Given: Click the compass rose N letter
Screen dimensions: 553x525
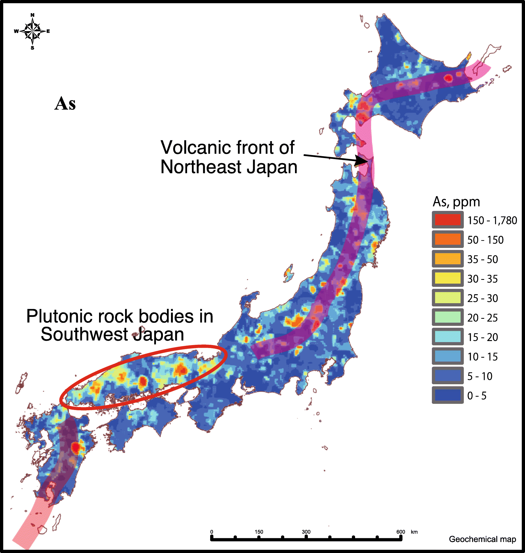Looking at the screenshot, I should pos(32,15).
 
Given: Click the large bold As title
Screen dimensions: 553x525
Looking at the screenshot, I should pos(65,104).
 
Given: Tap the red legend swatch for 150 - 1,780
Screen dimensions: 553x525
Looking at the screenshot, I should pos(447,220).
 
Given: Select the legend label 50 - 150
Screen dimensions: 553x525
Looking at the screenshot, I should pos(485,240).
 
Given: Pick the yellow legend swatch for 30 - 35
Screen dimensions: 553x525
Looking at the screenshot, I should pos(447,278).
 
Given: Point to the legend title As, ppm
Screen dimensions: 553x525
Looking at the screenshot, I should pos(456,202).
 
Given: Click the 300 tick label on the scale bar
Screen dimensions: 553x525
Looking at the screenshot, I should pos(306,532).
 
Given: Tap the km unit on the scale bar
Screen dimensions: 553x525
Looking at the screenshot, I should pos(414,532).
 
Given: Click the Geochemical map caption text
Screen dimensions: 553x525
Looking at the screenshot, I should pos(482,539).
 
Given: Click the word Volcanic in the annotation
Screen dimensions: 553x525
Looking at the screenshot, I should pos(196,147).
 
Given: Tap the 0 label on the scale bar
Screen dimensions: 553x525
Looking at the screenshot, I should pos(212,532).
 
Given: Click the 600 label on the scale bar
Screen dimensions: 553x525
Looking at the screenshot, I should pos(400,532).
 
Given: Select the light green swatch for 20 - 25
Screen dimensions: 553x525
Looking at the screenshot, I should pos(447,317).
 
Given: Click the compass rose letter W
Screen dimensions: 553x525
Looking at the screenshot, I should pos(16,31).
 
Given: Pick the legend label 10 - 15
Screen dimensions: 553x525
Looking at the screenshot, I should pos(483,357).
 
